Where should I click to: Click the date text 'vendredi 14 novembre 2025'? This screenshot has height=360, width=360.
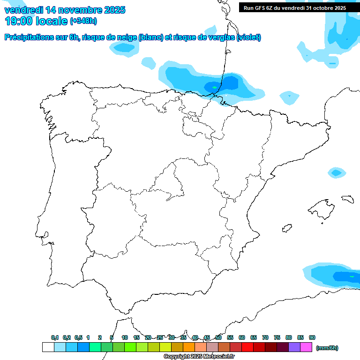click(x=65, y=9)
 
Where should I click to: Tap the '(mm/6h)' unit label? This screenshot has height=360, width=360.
click(x=327, y=348)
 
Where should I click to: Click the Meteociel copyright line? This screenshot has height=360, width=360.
click(x=199, y=356)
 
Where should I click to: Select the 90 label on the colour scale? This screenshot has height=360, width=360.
click(x=312, y=337)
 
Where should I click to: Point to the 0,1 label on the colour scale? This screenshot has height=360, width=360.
click(x=55, y=337)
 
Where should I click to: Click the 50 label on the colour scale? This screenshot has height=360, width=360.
click(x=218, y=337)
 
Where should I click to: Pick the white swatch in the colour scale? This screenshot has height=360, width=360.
click(x=48, y=347)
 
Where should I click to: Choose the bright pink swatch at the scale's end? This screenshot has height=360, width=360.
click(x=306, y=347)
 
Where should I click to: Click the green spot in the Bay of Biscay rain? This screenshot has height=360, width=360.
click(x=215, y=87)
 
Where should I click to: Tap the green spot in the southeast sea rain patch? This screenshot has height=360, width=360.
click(x=352, y=277)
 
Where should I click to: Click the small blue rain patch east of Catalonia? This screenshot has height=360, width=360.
click(x=336, y=172)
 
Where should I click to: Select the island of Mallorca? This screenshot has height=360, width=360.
click(x=320, y=207)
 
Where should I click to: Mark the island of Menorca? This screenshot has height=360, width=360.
click(x=347, y=199)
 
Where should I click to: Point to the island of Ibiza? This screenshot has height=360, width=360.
click(x=286, y=228)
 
